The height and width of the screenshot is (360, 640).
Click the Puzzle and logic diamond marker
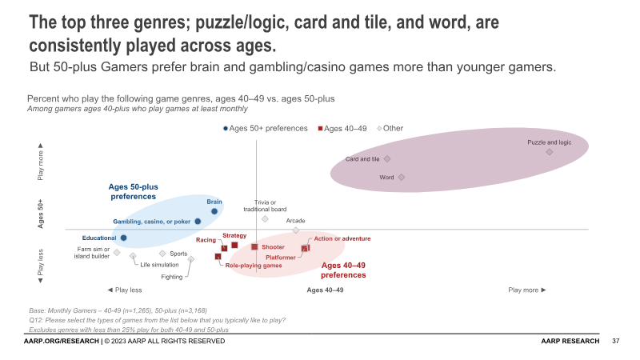click(x=550, y=151)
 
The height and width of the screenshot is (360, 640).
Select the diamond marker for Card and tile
click(x=387, y=159)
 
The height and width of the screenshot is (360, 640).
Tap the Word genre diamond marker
click(x=402, y=177)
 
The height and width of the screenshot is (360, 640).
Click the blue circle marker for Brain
click(x=214, y=211)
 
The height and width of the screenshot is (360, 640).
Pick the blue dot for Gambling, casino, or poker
click(x=198, y=222)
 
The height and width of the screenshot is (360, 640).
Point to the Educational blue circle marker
click(x=123, y=238)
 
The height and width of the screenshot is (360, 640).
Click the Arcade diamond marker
click(x=296, y=230)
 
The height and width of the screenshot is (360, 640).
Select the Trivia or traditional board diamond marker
click(x=265, y=218)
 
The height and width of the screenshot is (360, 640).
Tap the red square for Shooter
click(x=254, y=247)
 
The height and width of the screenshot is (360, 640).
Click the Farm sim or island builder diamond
click(x=117, y=253)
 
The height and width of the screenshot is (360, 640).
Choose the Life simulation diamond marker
click(x=133, y=257)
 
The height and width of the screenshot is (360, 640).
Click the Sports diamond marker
click(x=162, y=254)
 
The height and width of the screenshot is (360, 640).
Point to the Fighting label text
click(x=172, y=277)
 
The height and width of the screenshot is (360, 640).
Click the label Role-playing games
click(x=253, y=265)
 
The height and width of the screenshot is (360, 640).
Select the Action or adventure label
click(x=342, y=238)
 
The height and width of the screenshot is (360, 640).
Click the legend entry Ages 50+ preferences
click(x=268, y=128)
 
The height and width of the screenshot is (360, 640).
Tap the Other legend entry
click(x=392, y=128)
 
